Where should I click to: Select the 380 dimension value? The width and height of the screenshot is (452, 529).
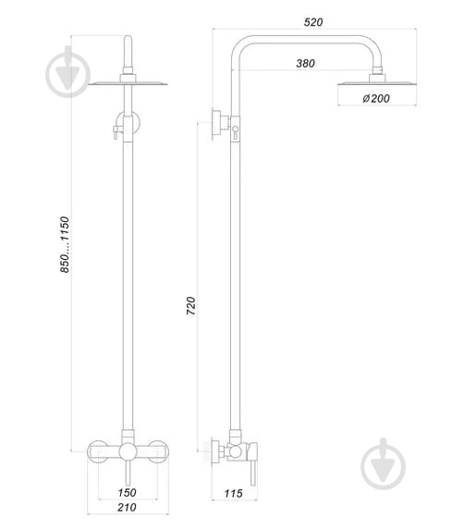click(x=306, y=63)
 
